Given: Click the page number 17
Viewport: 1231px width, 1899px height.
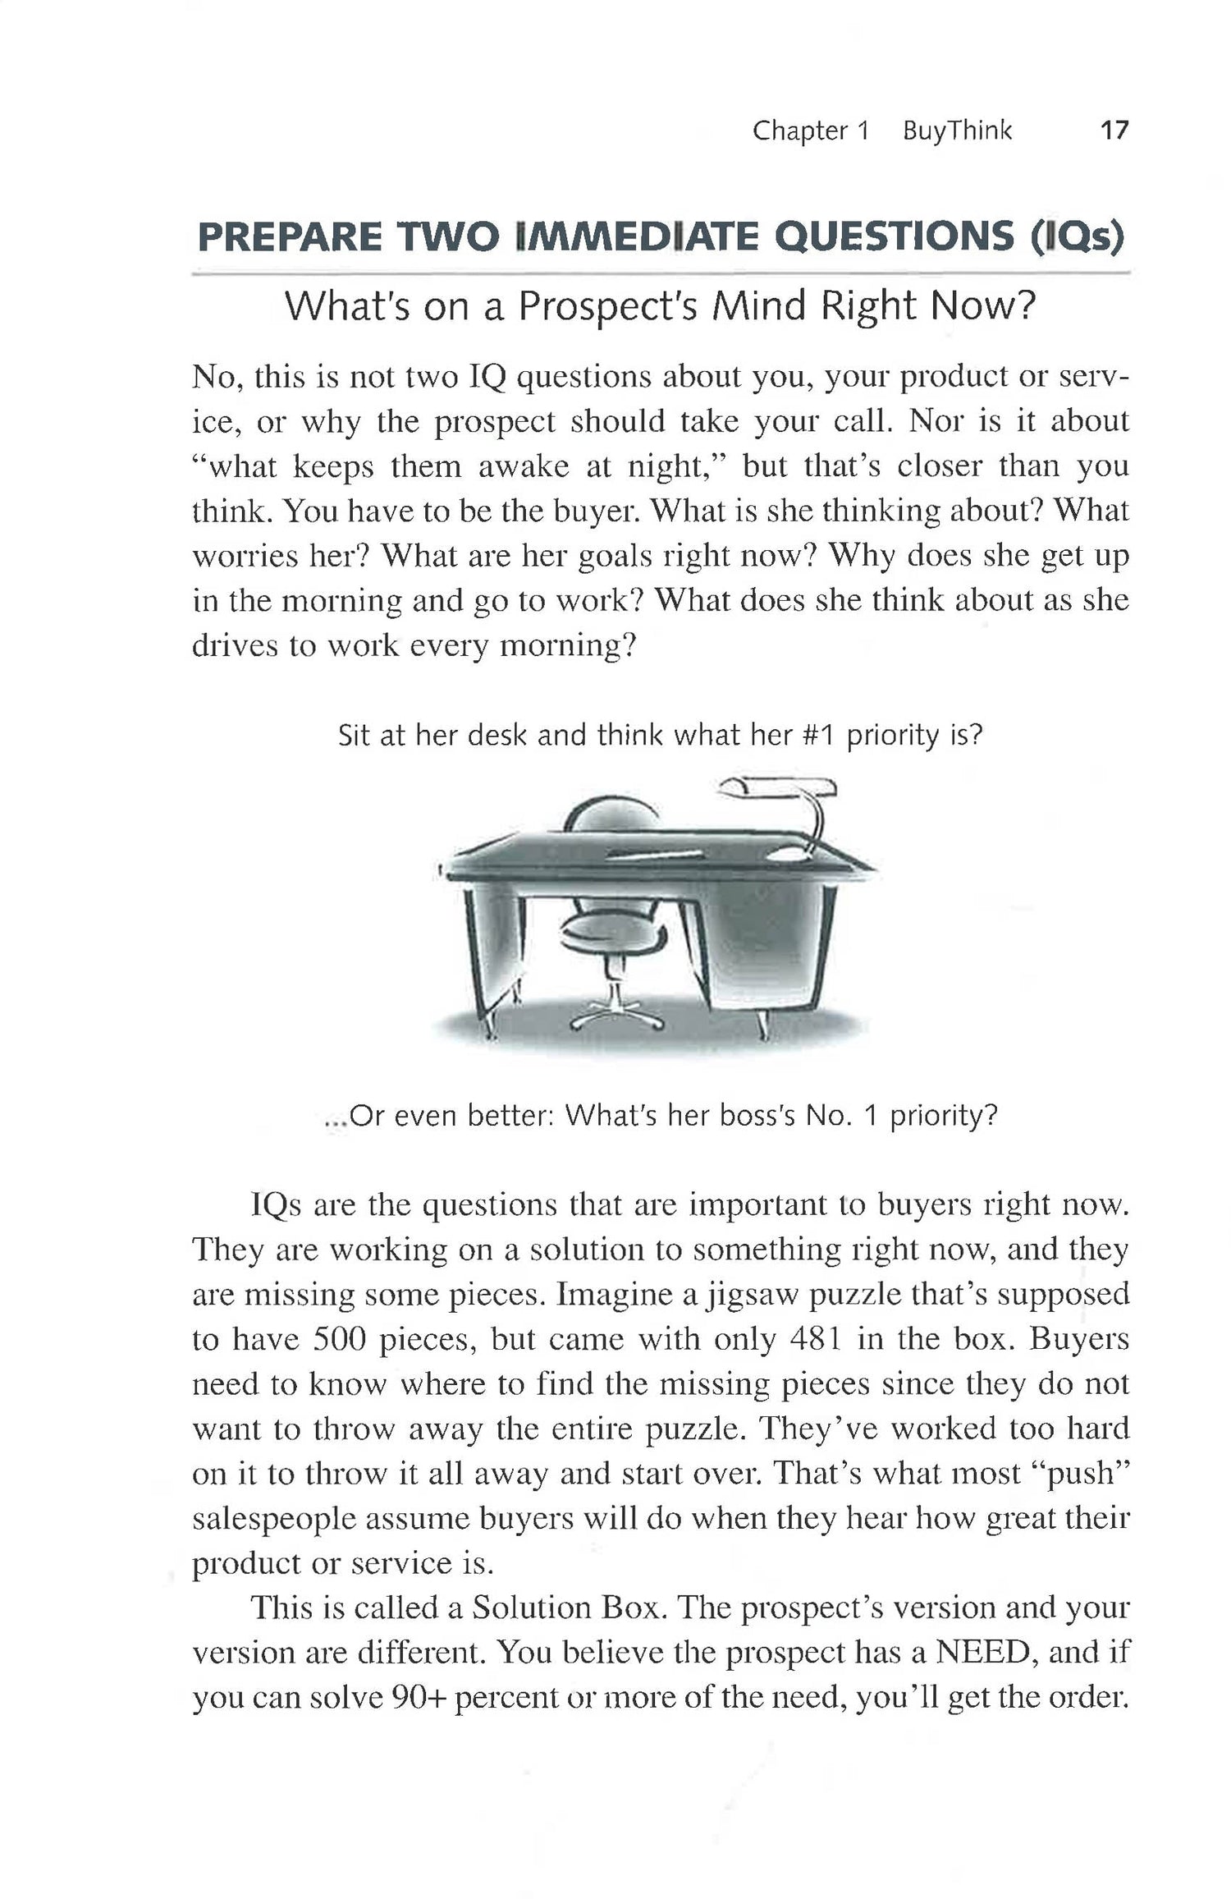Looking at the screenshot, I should [1114, 131].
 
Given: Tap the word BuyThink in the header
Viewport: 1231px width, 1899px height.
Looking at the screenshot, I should [957, 131].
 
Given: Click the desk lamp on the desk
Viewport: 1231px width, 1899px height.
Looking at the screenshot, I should [788, 805].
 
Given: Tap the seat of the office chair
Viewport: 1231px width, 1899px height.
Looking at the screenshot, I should [611, 933].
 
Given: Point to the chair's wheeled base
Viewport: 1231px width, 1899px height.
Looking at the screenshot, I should [617, 1016].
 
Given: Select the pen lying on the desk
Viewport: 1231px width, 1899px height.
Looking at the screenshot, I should [655, 855].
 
